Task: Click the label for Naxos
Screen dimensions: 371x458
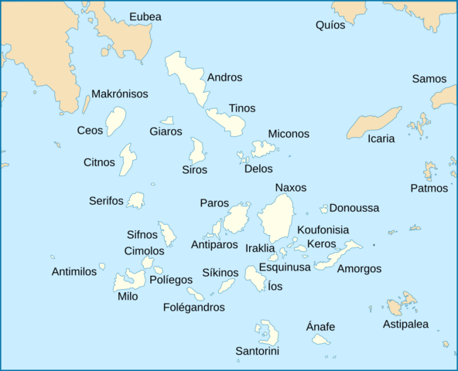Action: tap(290, 188)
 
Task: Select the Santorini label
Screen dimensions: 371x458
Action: tap(257, 352)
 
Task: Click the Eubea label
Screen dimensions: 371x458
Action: tap(145, 16)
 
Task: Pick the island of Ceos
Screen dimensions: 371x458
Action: tap(115, 121)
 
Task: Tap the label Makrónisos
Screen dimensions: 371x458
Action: tap(120, 94)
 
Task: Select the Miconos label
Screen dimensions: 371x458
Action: tap(289, 134)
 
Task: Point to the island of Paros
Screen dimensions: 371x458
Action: tap(236, 220)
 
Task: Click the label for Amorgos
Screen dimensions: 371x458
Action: tap(359, 269)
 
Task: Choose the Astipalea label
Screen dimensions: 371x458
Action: tap(405, 325)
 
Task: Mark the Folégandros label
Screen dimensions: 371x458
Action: tap(194, 308)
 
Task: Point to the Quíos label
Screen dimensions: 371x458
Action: tap(330, 26)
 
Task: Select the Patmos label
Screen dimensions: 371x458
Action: tap(429, 188)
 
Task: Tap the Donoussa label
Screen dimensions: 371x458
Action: tap(354, 208)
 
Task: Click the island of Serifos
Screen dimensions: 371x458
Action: tap(136, 201)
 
